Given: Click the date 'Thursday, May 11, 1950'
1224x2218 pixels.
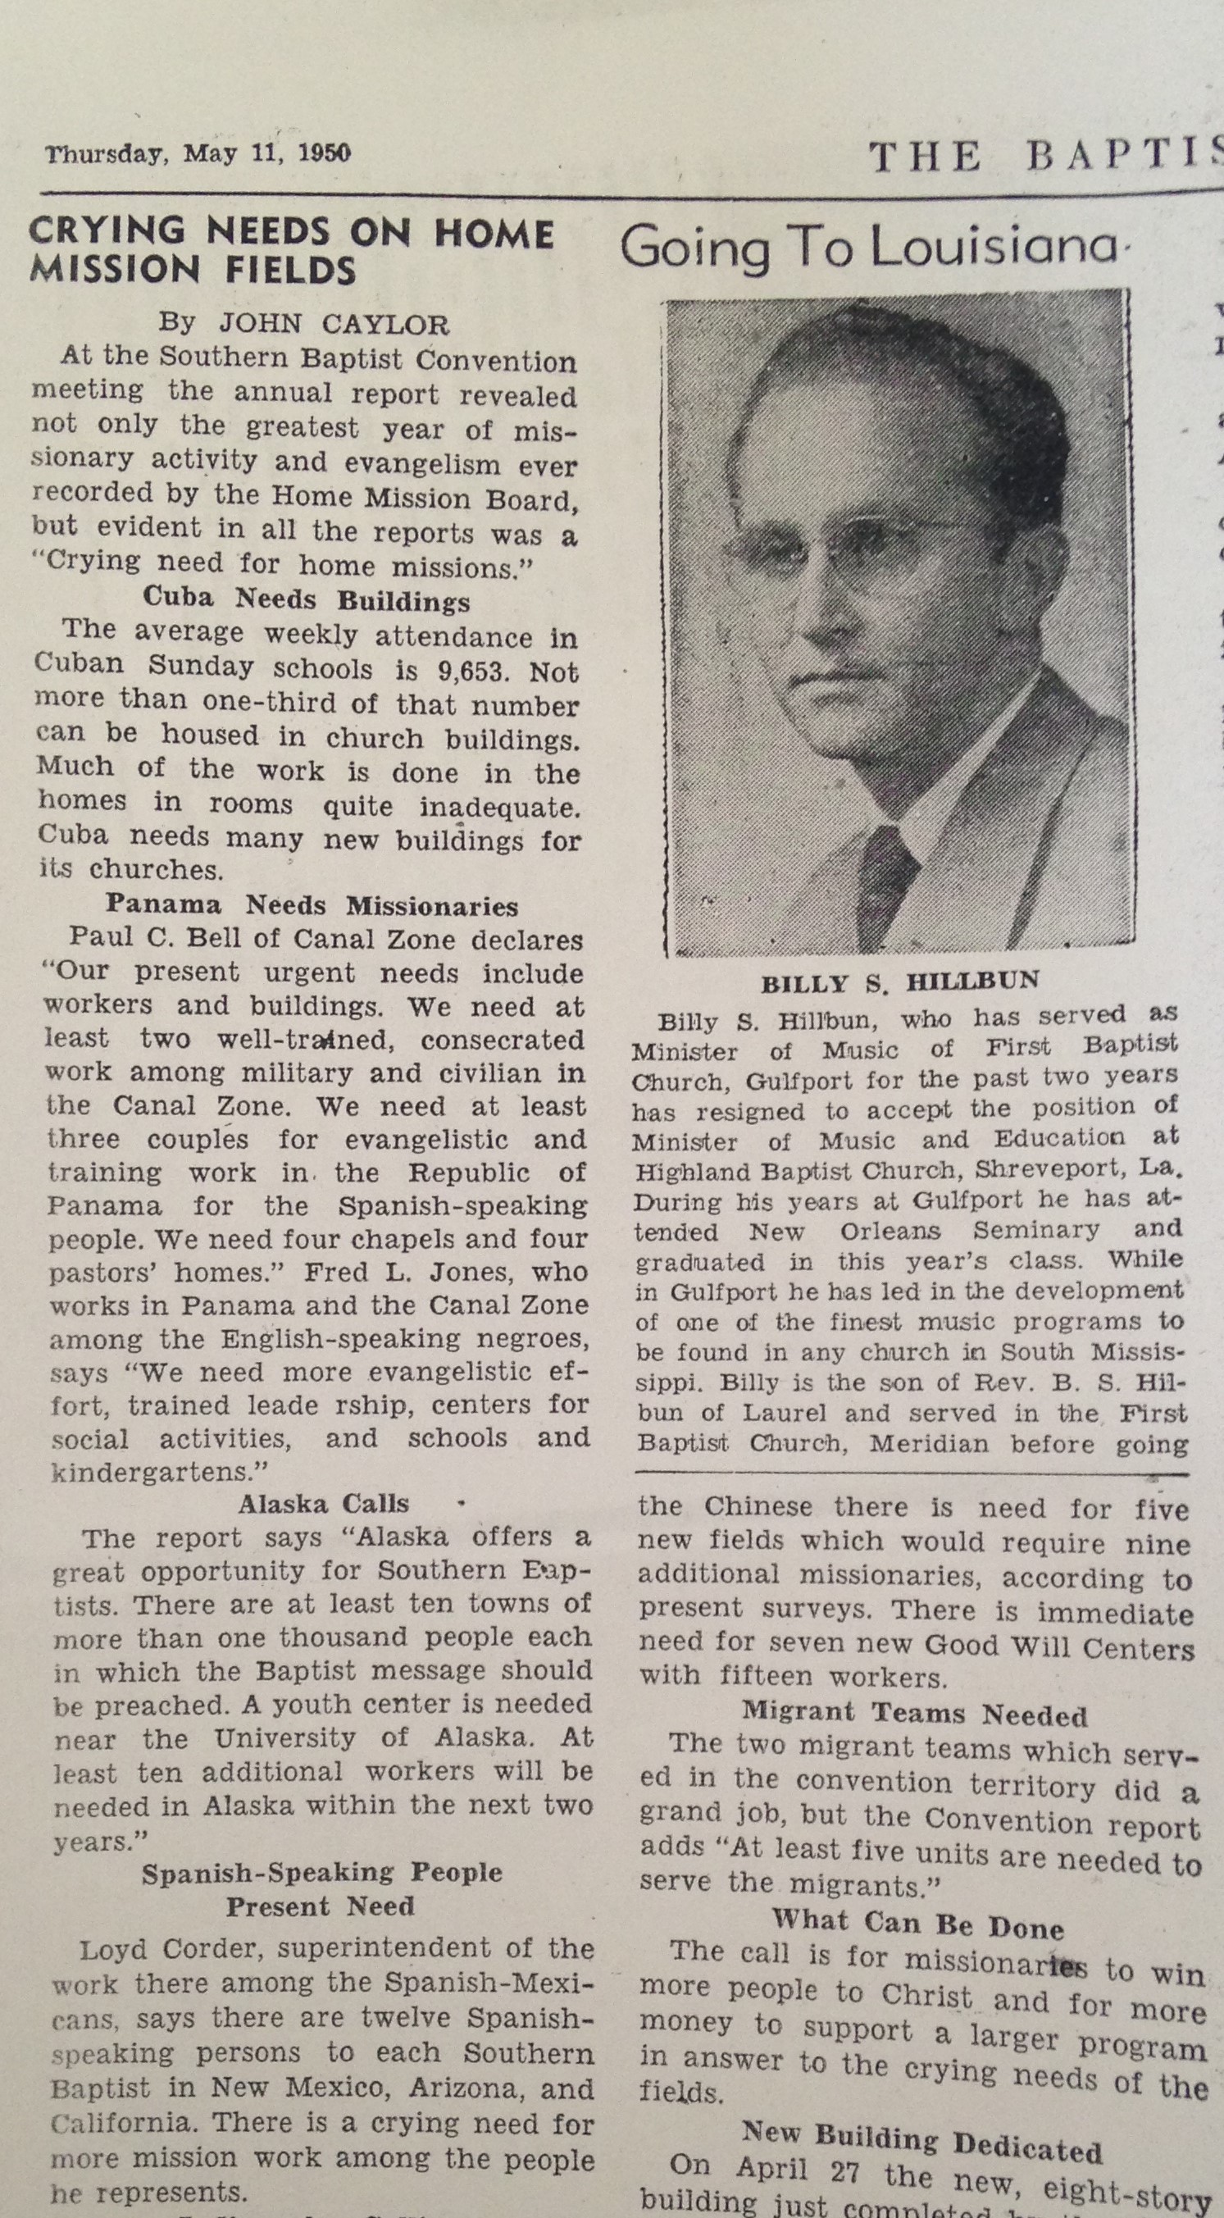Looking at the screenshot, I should [197, 154].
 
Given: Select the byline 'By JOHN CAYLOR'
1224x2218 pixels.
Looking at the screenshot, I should [303, 324].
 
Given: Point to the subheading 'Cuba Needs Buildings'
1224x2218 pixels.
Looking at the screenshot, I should [307, 599].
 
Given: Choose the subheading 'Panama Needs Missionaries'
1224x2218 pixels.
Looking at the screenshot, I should [312, 906].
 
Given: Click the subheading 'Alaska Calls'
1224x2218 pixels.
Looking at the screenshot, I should [323, 1504].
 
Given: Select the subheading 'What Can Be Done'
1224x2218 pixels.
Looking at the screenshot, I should [917, 1921].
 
